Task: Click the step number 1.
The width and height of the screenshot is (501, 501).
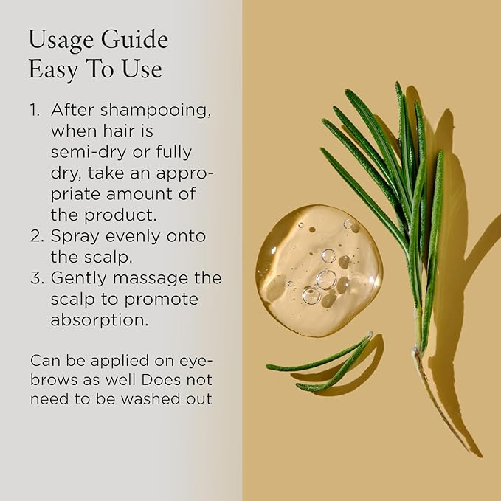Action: pyautogui.click(x=34, y=109)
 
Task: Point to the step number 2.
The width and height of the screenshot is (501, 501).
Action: pyautogui.click(x=35, y=236)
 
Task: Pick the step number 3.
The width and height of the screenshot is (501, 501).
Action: pyautogui.click(x=35, y=278)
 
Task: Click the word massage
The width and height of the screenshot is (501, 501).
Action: pyautogui.click(x=154, y=279)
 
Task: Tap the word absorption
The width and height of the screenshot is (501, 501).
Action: pyautogui.click(x=96, y=321)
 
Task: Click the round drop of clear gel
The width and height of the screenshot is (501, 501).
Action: pyautogui.click(x=319, y=271)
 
